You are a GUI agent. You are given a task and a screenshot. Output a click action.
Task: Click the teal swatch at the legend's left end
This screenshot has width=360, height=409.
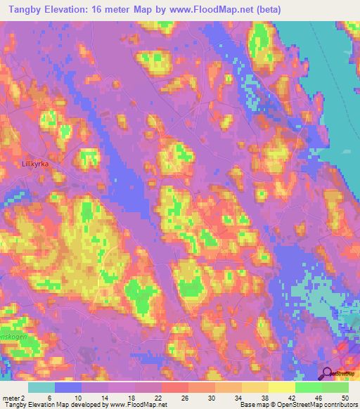[x=41, y=388]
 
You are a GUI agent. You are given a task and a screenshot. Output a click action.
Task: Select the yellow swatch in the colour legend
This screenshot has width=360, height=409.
[x=282, y=388]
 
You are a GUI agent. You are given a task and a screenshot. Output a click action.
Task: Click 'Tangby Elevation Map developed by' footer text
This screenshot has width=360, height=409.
[x=49, y=404]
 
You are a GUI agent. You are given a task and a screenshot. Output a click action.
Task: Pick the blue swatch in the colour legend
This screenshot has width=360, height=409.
[x=68, y=388]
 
